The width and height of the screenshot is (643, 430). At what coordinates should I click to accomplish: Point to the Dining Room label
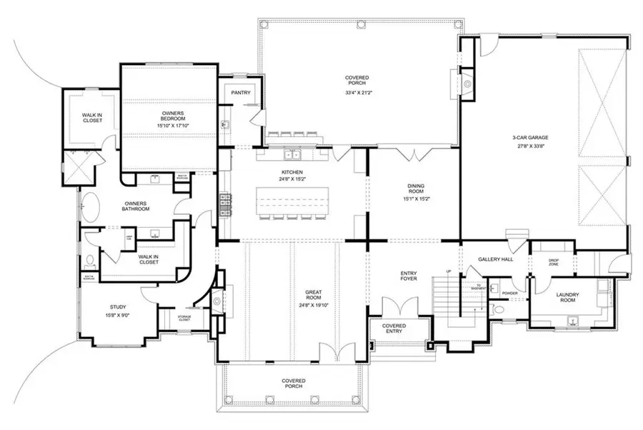[x=416, y=189]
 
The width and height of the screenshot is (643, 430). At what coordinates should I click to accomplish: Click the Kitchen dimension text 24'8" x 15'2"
[x=292, y=180]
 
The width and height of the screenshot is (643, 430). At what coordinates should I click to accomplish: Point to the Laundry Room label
[x=569, y=297]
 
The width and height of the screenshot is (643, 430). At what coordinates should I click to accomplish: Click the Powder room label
[x=509, y=292]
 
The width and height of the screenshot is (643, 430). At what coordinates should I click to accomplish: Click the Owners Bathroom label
[x=136, y=206]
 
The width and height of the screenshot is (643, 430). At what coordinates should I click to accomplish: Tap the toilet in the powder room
[x=498, y=309]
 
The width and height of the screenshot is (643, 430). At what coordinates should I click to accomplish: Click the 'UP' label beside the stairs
[x=449, y=272]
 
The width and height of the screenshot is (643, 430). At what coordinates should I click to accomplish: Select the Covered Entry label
[x=394, y=329]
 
